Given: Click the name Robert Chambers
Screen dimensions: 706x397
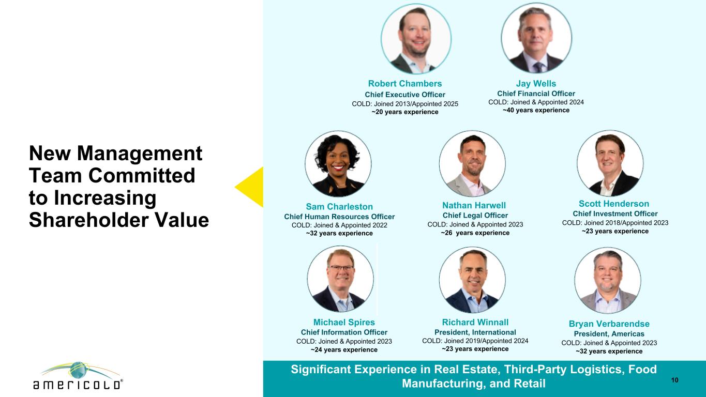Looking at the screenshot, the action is point(405,84).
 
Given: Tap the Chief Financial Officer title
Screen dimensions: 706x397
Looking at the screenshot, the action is point(536,94).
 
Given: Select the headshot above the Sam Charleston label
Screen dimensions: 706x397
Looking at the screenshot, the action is point(338,164).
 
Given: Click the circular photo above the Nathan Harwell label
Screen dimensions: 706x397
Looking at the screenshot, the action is point(472,164).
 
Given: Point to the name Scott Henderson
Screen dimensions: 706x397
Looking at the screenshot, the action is point(614,204).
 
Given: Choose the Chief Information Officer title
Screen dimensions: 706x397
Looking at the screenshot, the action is point(344,332).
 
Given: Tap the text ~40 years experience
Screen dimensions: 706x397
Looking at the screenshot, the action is point(536,110).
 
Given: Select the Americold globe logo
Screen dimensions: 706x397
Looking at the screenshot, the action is point(78,376).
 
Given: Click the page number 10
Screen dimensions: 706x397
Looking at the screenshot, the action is point(675,380).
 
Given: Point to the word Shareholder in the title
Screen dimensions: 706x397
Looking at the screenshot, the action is point(88,220).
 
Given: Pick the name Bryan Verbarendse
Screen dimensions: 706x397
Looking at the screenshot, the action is point(609,324).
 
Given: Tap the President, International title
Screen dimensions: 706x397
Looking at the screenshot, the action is point(475,332).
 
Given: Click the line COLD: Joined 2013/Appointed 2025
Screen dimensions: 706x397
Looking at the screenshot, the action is point(405,104).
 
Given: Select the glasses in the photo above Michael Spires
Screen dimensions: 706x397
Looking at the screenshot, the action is point(341,268).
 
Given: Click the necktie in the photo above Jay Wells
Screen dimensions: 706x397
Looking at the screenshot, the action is point(538,67).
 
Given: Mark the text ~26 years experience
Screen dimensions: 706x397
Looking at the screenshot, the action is point(475,233).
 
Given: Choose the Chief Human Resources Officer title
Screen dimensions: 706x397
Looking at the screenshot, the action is point(339,217).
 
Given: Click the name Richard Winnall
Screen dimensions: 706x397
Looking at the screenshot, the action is point(475,322).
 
